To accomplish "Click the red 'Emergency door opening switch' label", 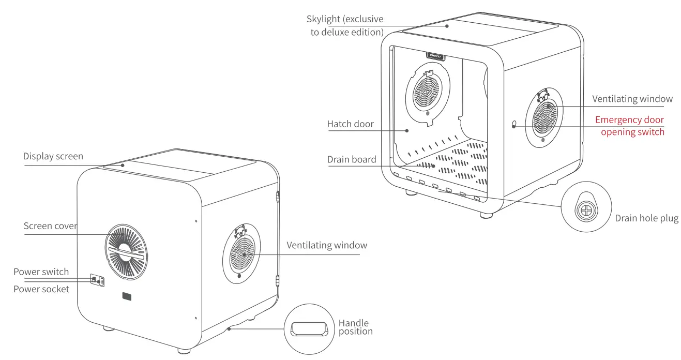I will coord(629,126).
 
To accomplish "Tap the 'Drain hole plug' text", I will coord(646,218).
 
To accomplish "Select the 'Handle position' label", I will coord(356,327).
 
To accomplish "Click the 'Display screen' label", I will coord(53,156).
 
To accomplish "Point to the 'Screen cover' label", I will coord(50,226).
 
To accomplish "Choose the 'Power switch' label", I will coord(41,272).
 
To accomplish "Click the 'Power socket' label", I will coord(41,289).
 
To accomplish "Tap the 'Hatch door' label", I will coord(350,124).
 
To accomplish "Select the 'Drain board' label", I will coord(352,159).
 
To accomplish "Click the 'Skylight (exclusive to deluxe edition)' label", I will coord(345,25).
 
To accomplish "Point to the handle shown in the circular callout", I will coord(309,328).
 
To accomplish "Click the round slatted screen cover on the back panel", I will coord(126,252).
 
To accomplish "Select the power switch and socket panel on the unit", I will coord(97,280).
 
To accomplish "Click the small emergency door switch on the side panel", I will coord(513,125).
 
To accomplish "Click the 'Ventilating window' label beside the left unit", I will coord(327,245).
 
